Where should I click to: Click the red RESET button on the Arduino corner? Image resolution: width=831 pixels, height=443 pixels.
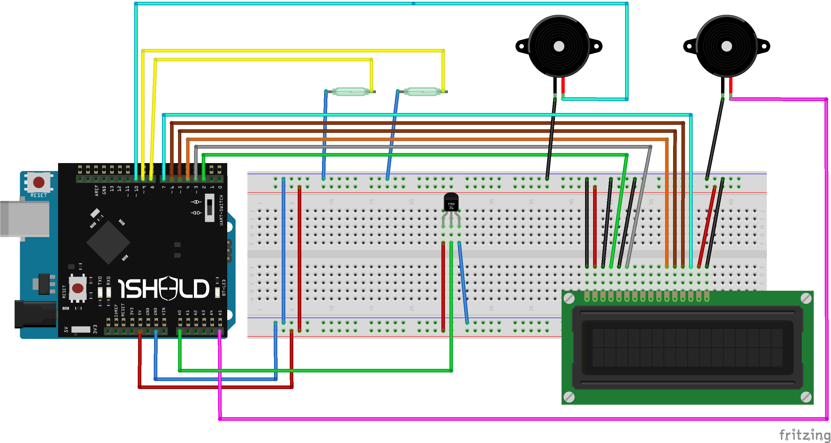39,182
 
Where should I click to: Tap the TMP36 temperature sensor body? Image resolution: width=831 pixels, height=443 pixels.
451,202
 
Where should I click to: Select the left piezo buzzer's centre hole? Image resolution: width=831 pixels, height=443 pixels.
559,46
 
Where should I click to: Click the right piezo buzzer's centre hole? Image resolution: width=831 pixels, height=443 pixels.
726,46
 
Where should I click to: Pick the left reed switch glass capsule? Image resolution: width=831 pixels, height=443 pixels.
350,92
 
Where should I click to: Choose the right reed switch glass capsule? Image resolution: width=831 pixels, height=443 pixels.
422,92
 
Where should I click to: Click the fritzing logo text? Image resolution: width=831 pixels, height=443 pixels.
804,435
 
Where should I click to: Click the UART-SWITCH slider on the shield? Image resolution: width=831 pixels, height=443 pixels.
209,207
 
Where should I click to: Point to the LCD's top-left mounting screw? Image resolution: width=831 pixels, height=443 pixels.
569,298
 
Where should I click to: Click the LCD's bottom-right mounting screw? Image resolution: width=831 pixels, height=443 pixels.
806,397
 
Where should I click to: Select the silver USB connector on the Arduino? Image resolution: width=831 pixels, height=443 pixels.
25,219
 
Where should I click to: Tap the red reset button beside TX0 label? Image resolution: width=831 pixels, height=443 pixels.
78,288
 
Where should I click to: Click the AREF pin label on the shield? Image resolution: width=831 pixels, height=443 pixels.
97,190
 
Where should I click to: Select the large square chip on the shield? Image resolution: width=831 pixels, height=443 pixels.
108,242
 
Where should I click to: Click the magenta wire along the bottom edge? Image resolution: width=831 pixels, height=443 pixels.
516,419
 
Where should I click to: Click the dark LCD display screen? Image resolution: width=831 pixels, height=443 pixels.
687,348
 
